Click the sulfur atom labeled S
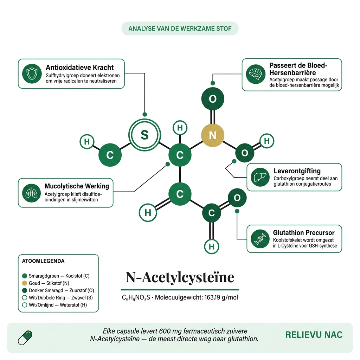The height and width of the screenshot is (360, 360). (144, 135)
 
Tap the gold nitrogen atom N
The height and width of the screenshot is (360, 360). (213, 135)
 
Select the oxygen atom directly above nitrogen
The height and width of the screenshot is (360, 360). (213, 99)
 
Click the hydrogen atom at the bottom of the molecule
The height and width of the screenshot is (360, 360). (211, 246)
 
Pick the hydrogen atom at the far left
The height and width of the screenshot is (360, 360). (87, 141)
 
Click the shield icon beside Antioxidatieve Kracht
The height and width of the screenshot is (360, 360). (32, 74)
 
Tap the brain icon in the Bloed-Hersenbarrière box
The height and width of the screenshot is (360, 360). (256, 74)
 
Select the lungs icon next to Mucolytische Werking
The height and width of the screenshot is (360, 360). (31, 193)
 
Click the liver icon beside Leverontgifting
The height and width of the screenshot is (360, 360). (260, 177)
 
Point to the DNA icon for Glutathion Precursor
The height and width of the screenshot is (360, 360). (260, 239)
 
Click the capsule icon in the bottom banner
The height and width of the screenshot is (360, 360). (25, 338)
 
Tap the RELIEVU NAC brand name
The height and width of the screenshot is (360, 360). (314, 335)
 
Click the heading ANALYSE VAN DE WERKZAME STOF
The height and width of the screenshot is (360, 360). (180, 29)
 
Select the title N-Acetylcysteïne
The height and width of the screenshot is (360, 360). (180, 277)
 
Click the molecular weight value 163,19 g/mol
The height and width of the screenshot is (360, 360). (221, 297)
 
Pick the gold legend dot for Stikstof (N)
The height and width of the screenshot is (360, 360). (25, 283)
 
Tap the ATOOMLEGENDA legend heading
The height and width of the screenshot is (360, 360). (43, 261)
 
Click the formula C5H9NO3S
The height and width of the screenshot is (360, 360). (136, 297)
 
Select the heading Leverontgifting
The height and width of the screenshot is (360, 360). (297, 171)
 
